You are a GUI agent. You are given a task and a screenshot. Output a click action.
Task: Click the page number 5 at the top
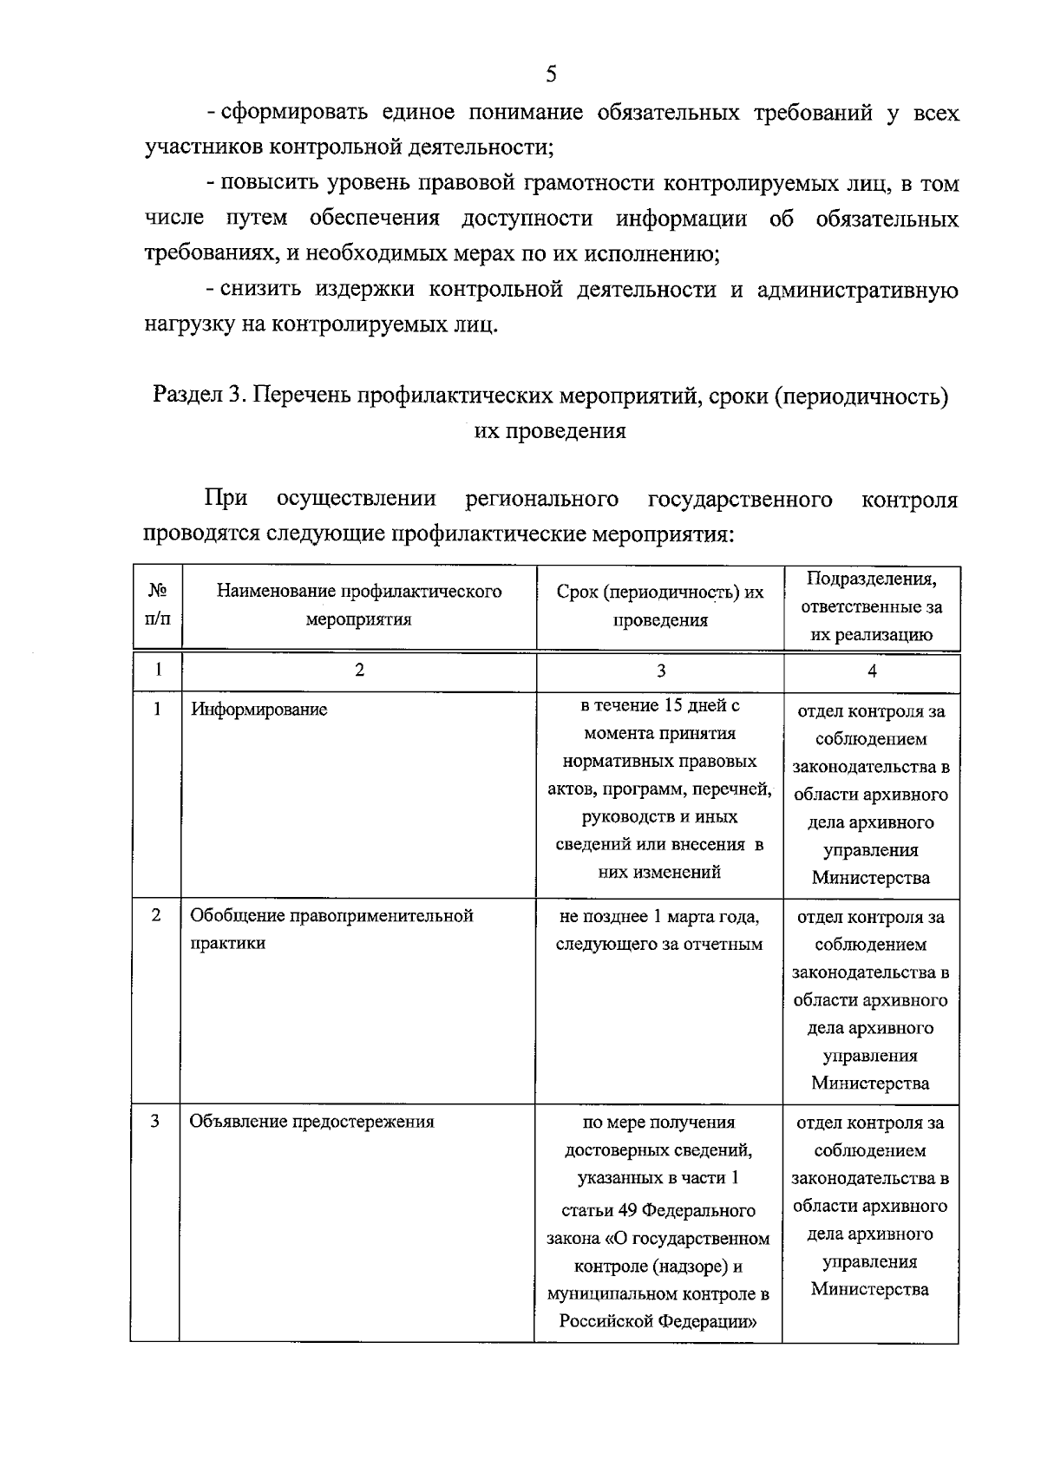point(551,73)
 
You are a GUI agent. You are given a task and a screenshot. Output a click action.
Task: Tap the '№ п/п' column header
point(157,605)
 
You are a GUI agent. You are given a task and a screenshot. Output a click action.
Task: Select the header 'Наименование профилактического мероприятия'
point(359,605)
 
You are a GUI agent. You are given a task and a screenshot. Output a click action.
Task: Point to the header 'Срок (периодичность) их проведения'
point(660,606)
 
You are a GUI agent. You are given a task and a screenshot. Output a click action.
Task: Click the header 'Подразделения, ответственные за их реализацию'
point(871,606)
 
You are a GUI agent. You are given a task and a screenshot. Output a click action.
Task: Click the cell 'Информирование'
point(259,710)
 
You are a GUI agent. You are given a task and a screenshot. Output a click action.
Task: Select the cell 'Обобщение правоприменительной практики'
point(331,929)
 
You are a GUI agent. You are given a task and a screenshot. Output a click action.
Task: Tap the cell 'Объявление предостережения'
point(311,1122)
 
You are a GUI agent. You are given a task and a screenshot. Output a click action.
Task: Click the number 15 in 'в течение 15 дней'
point(673,705)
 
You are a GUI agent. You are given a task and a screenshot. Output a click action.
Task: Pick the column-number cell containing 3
point(660,671)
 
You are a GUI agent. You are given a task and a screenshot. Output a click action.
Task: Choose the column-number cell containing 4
point(872,671)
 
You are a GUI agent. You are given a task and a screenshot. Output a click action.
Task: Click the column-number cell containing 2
point(359,671)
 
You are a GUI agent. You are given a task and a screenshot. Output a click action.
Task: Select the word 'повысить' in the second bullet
point(265,184)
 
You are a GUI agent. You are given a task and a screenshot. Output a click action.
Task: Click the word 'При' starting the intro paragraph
point(226,498)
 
